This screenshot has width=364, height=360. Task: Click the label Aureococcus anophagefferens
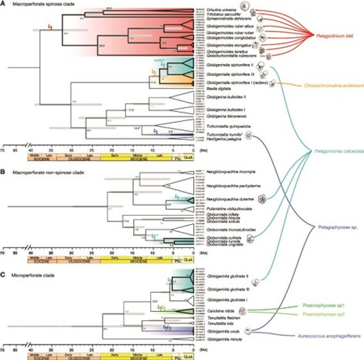(x=328, y=336)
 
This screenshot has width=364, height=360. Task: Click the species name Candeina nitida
(x=219, y=309)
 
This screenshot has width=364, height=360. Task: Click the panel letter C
(x=4, y=258)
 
